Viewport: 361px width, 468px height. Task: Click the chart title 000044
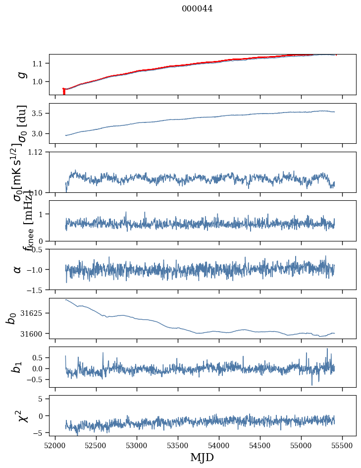click(x=197, y=8)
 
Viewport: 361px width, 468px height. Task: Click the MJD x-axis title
click(x=202, y=457)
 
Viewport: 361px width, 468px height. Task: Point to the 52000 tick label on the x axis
click(x=55, y=445)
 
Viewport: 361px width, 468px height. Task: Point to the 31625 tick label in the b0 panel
click(x=35, y=313)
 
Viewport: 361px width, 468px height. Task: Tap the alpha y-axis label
click(x=18, y=269)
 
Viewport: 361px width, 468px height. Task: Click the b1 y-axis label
click(x=17, y=367)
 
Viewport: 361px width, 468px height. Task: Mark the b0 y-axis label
click(x=11, y=318)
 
